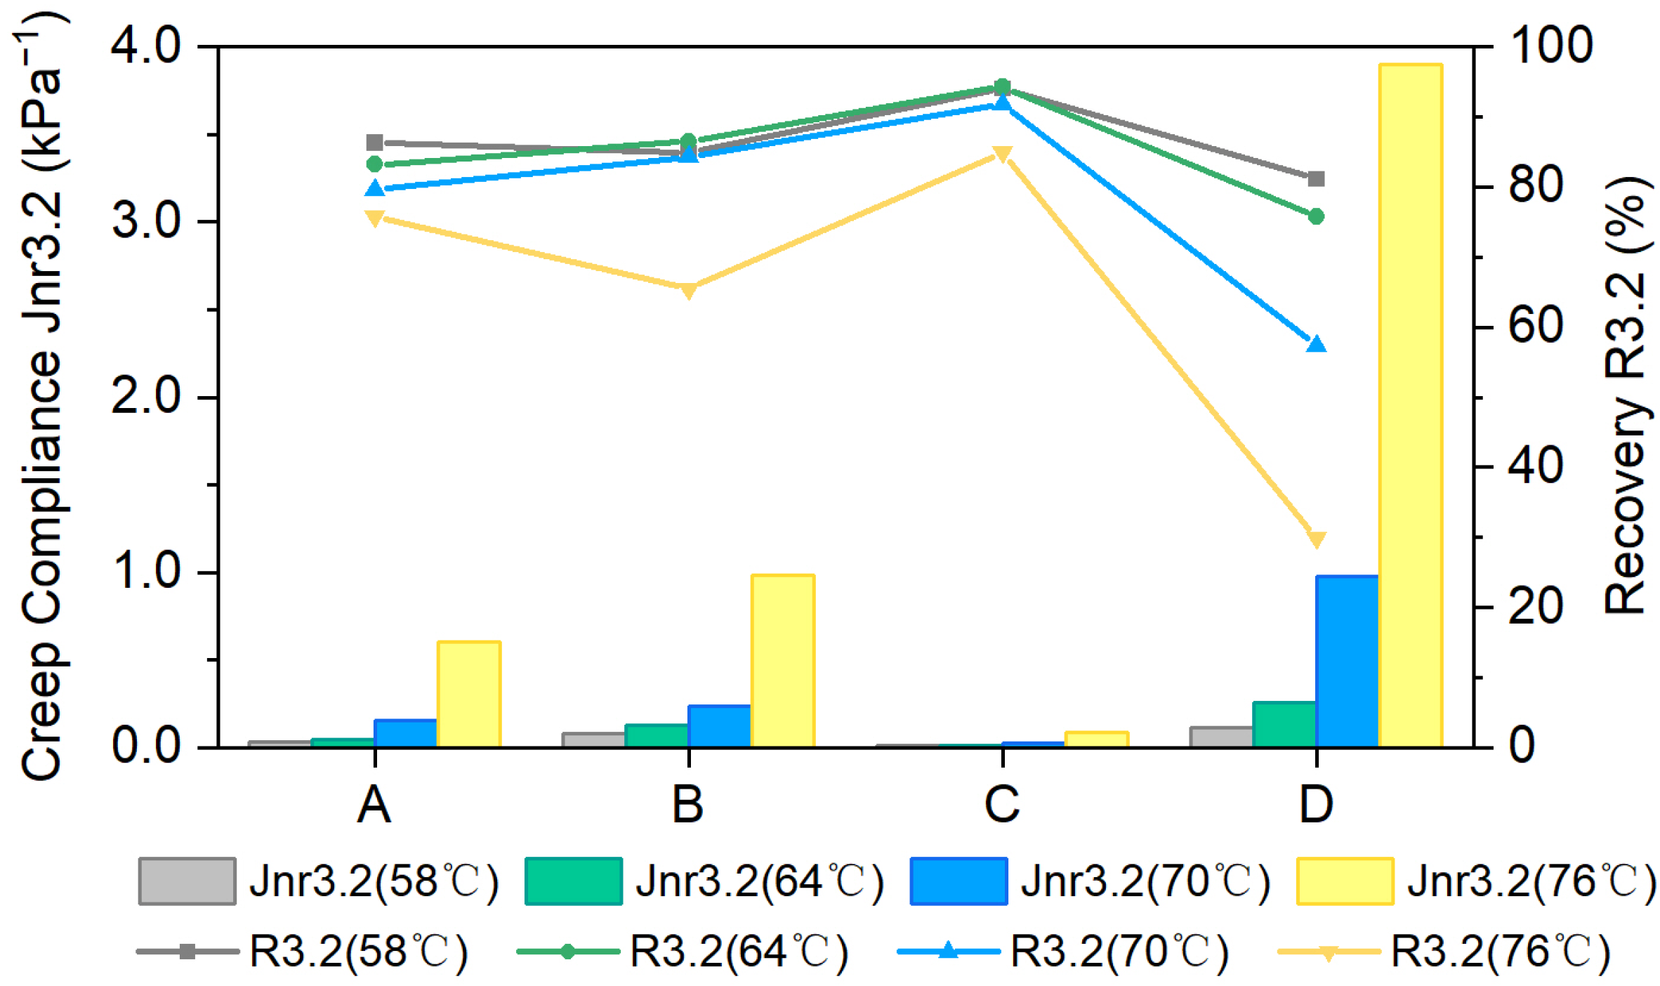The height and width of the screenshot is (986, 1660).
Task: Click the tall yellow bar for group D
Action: pos(1411,405)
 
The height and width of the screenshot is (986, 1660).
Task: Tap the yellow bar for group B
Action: pos(783,660)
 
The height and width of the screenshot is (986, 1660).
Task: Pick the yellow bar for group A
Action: pos(469,694)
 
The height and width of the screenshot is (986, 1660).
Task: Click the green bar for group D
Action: pos(1284,724)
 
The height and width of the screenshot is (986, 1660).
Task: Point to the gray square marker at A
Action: pos(375,143)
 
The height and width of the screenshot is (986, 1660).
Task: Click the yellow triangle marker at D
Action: pos(1317,539)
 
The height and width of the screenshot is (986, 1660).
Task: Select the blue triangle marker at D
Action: pos(1317,344)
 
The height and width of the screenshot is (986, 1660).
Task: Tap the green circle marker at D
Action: pos(1317,216)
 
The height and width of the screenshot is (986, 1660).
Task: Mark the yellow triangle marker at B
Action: pos(689,290)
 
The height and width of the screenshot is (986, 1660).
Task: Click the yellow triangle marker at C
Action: pos(1003,155)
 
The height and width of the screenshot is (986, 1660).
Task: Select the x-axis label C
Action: pos(1002,804)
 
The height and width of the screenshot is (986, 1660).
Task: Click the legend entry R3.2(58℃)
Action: pos(303,952)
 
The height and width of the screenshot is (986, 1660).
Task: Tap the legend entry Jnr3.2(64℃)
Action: pos(704,881)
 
